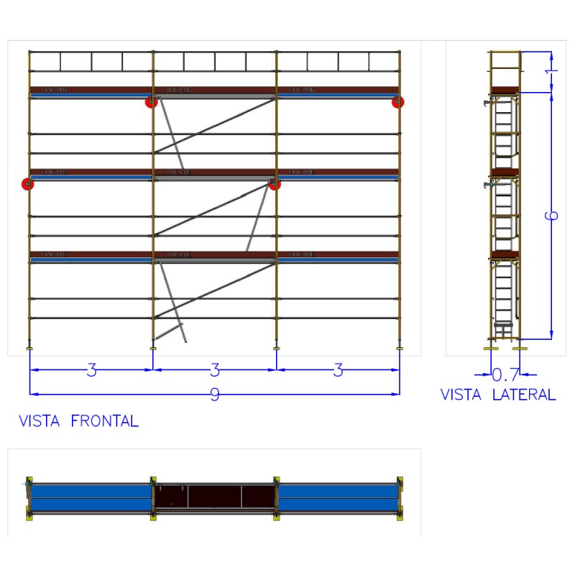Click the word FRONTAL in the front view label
coord(104,421)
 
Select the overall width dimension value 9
coord(214,395)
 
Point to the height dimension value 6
coord(553,216)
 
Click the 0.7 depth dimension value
coord(505,374)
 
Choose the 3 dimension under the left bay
coord(91,370)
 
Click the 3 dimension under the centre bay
coord(214,370)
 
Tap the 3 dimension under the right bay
coord(338,370)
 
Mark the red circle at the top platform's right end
coord(397,102)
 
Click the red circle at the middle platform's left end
coord(28,184)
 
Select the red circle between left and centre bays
coord(151,102)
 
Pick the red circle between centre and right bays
coord(275,184)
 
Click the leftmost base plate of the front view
coord(29,349)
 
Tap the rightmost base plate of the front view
coord(400,349)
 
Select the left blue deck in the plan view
coord(91,497)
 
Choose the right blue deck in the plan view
coord(338,497)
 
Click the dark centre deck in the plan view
coord(214,497)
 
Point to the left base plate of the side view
coord(492,349)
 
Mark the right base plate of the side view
coord(520,349)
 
